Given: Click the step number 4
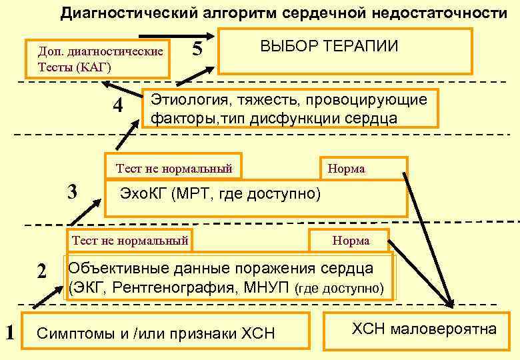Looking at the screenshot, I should coord(118,107).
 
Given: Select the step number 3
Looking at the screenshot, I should coord(75,192).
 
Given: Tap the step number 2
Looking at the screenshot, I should coord(42,272).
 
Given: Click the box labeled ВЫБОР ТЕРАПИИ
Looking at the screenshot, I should coord(345,50).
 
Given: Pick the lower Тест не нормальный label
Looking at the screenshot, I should coord(130,240).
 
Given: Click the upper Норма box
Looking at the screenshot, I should coord(364,169).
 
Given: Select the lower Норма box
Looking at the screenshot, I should coord(350,240).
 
